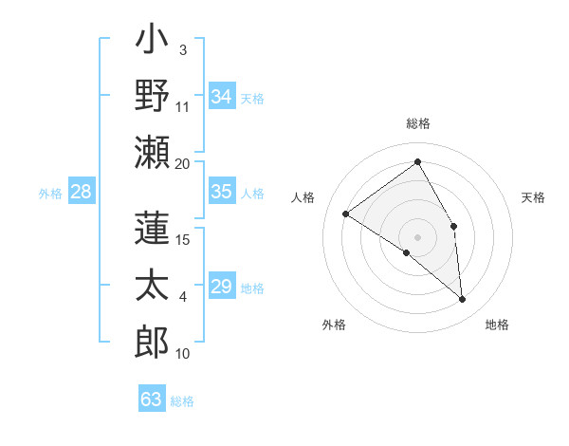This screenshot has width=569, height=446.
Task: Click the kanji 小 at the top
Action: [153, 43]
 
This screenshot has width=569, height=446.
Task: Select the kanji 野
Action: [153, 96]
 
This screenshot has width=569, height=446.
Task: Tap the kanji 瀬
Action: [153, 151]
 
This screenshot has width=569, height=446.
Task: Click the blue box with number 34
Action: [222, 96]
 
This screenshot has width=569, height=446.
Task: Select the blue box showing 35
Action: [222, 192]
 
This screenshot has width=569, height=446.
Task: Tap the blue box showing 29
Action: [222, 287]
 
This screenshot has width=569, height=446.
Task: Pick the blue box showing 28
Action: [82, 192]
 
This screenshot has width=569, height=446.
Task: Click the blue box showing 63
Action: [152, 399]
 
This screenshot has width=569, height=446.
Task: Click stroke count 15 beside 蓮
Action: [183, 239]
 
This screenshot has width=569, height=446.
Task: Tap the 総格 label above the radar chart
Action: [417, 123]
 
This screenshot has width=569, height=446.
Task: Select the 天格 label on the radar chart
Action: [533, 197]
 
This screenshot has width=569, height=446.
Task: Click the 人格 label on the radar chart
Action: [303, 197]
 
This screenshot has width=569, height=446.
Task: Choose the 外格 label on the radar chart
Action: [334, 325]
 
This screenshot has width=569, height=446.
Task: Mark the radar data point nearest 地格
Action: [463, 300]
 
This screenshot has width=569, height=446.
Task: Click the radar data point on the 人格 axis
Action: [346, 214]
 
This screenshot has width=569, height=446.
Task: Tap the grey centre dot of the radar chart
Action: [417, 236]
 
